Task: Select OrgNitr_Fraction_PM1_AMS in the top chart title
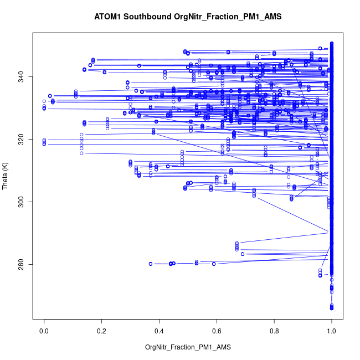[228, 17]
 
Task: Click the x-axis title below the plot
[187, 347]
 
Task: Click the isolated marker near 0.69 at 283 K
[243, 254]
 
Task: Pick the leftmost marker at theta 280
[151, 264]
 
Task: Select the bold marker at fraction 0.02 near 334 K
[50, 96]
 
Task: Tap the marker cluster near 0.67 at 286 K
[236, 246]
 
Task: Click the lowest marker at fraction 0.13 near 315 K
[81, 153]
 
